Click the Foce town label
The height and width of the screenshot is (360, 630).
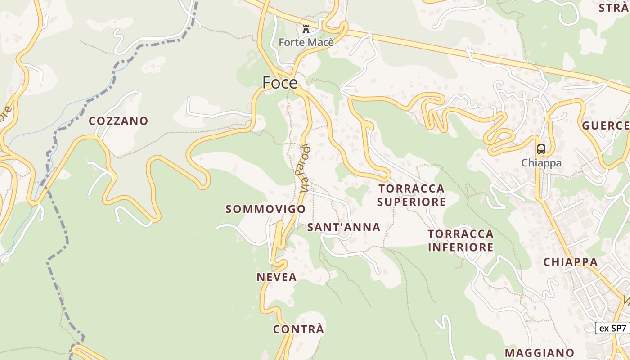[x=280, y=83]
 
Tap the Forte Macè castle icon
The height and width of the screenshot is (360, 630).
[x=306, y=30]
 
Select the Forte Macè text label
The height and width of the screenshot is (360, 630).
[x=306, y=42]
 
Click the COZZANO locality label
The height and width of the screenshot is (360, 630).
[x=118, y=121]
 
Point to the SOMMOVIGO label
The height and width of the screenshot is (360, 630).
[x=265, y=209]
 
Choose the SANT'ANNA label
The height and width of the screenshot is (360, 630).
[x=344, y=227]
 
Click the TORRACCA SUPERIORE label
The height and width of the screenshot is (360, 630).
[x=411, y=195]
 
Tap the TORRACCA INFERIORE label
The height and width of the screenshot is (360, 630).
[x=461, y=241]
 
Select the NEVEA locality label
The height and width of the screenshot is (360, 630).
[x=277, y=277]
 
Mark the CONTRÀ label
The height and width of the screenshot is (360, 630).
[x=298, y=329]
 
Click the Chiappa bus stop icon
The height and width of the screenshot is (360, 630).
[x=541, y=149]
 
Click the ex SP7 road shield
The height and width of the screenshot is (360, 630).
[x=612, y=328]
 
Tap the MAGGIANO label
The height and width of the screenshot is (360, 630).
[x=540, y=353]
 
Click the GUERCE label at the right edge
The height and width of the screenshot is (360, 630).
[x=606, y=126]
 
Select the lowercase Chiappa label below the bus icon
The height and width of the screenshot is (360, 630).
[x=541, y=163]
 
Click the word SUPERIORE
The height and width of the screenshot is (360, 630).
[x=411, y=202]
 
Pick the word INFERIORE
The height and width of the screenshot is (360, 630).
[x=461, y=247]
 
